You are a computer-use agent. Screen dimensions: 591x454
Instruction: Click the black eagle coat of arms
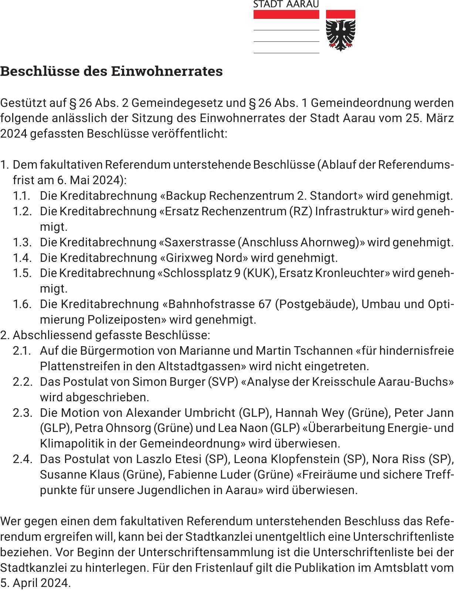point(340,35)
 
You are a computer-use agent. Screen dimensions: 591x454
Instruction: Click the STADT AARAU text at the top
point(286,4)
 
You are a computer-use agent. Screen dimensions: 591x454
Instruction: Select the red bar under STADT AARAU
point(286,14)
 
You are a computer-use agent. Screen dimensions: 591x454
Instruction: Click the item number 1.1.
point(22,196)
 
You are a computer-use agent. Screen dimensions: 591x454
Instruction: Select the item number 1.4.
point(22,257)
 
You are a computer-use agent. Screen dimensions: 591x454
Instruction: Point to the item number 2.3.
point(22,412)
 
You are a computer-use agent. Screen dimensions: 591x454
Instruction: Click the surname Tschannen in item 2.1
point(323,350)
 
